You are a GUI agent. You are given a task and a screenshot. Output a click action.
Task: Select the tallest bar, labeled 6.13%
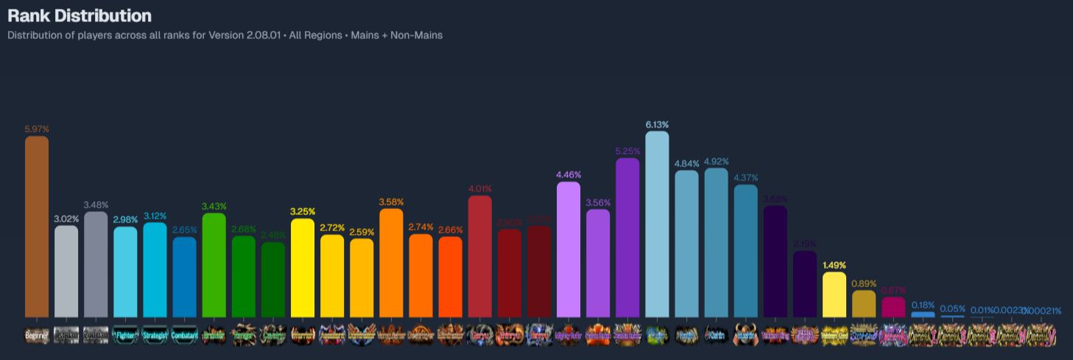point(657,225)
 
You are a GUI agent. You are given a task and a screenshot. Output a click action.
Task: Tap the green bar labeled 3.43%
point(214,266)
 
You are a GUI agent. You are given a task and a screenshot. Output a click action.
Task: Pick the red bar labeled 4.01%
point(479,257)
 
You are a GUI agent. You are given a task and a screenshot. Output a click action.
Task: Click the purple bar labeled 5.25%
point(627,238)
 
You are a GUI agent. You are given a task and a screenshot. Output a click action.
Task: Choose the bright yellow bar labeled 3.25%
point(303,268)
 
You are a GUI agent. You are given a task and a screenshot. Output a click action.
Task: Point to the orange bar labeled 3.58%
point(391,263)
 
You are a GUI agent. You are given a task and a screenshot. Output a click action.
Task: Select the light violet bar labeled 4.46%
point(569,250)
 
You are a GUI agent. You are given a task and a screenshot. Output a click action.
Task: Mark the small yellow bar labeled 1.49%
point(834,295)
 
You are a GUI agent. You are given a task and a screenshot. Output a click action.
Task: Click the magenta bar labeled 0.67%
point(893,307)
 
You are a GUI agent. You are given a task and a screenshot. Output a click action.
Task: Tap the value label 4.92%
point(716,161)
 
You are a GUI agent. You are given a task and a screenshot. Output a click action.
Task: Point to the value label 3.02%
point(66,219)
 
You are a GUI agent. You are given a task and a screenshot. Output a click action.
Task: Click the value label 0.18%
point(923,305)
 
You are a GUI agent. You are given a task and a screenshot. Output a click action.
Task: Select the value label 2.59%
point(362,232)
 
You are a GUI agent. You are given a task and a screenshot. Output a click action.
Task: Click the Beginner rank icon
point(37,335)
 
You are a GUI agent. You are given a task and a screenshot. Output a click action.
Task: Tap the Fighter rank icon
point(125,335)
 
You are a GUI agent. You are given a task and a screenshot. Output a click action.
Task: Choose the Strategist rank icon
point(155,335)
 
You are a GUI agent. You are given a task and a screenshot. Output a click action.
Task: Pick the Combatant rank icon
point(184,335)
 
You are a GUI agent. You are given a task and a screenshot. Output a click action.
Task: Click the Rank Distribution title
point(80,15)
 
